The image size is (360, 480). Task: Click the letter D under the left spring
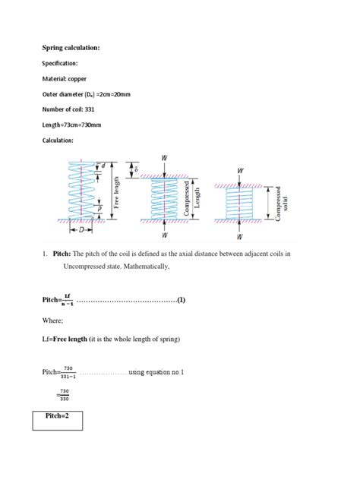click(81, 228)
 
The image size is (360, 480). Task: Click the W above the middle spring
click(164, 157)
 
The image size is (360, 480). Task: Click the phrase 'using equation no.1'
click(156, 372)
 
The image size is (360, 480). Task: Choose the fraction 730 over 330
click(65, 396)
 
